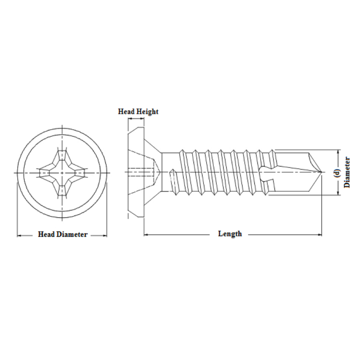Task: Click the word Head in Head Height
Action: (x=126, y=112)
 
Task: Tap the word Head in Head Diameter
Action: (x=46, y=234)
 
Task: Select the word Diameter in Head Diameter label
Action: (x=72, y=234)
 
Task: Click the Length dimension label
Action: (x=230, y=234)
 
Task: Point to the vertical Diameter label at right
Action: (x=347, y=172)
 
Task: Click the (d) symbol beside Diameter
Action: (x=337, y=173)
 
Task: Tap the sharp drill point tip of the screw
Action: (x=321, y=172)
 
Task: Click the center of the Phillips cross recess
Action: (x=62, y=173)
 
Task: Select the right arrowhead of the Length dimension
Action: (x=319, y=234)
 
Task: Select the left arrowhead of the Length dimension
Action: (x=146, y=234)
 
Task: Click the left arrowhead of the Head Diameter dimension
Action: (x=20, y=235)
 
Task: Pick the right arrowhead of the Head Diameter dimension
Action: (x=105, y=235)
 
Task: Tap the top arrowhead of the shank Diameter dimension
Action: (x=338, y=152)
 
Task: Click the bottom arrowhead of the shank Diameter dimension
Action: (x=338, y=193)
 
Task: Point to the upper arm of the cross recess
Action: (x=62, y=156)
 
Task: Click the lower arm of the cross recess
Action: (x=62, y=189)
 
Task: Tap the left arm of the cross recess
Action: (x=45, y=173)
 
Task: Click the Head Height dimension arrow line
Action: (x=136, y=119)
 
